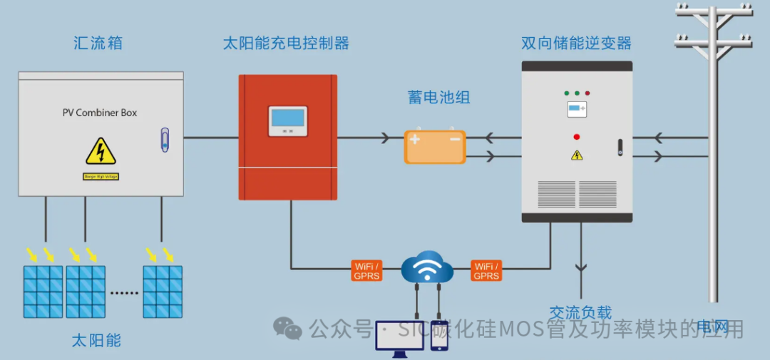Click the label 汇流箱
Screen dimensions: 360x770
click(x=98, y=43)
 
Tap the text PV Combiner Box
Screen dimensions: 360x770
click(x=100, y=113)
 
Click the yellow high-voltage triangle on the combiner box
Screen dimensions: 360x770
click(x=101, y=152)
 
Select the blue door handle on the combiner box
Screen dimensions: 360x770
click(x=165, y=140)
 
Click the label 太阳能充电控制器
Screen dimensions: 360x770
click(x=286, y=43)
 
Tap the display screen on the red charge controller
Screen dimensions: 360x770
click(x=287, y=120)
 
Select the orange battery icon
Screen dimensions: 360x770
click(x=435, y=147)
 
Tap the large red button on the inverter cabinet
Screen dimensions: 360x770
click(x=576, y=136)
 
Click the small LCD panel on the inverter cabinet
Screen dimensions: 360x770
click(x=576, y=109)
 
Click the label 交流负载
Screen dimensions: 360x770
click(x=580, y=312)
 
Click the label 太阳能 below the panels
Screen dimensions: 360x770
click(x=96, y=340)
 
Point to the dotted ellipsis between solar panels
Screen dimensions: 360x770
click(x=124, y=292)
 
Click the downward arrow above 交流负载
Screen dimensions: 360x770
click(x=581, y=269)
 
